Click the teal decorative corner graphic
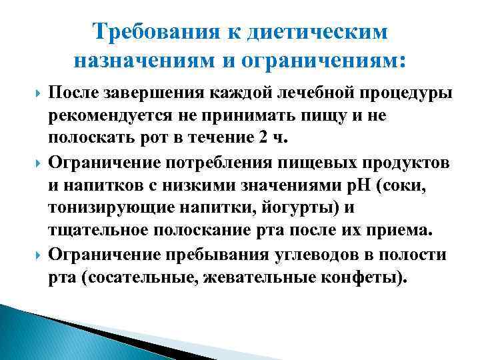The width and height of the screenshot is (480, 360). click(40, 333)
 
